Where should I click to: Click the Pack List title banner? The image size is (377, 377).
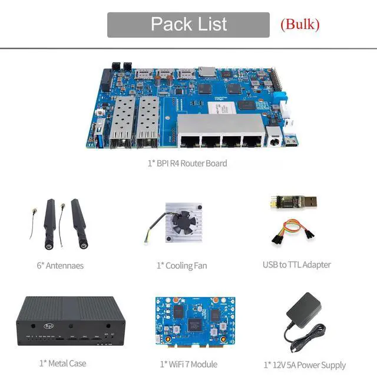(188, 25)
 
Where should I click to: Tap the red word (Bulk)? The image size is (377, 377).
(300, 24)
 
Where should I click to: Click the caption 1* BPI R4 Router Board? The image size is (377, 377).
(187, 163)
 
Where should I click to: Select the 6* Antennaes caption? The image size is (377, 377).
(60, 265)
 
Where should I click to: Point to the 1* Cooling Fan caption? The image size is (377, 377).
(182, 265)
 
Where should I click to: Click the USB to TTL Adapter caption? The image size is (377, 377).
(297, 264)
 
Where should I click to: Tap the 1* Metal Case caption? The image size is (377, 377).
(62, 363)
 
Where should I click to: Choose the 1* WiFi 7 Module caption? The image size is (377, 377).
(188, 363)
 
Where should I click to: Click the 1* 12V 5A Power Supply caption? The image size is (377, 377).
(305, 365)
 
